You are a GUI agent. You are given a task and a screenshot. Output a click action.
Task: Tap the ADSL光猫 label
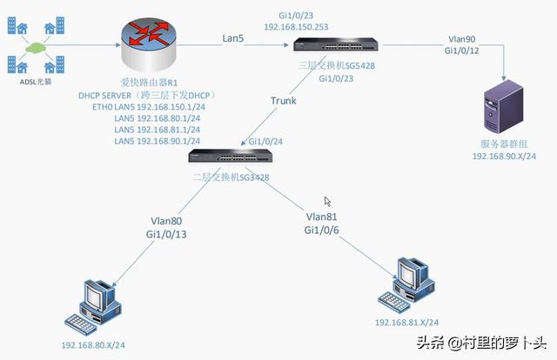point(37,83)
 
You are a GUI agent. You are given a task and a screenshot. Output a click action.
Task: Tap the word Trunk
point(283,100)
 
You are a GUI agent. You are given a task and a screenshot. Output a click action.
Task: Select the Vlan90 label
point(462,39)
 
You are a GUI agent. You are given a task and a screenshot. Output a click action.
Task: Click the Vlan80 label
point(167,221)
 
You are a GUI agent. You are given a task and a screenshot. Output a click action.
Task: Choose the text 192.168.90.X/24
point(504,156)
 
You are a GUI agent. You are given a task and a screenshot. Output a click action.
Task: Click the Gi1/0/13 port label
point(167,235)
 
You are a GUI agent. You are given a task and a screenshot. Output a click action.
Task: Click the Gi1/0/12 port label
point(462,51)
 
